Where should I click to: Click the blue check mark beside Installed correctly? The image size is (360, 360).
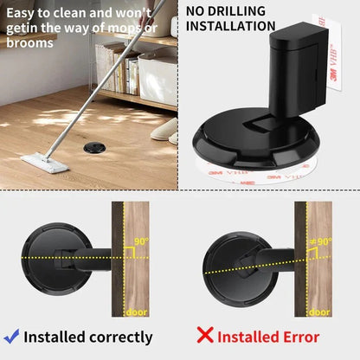click(11, 337)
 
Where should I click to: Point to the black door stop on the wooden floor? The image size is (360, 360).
click(91, 149)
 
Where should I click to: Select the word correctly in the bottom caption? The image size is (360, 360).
click(119, 337)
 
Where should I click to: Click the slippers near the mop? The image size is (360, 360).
click(164, 132)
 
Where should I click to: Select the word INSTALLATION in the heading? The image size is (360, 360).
click(231, 29)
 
